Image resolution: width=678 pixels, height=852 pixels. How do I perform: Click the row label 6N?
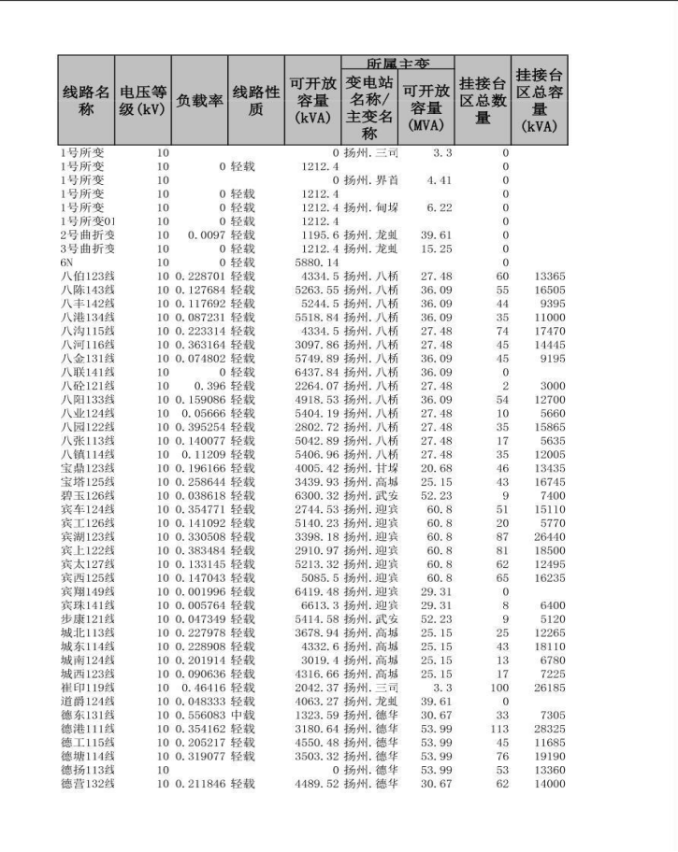tap(67, 263)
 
